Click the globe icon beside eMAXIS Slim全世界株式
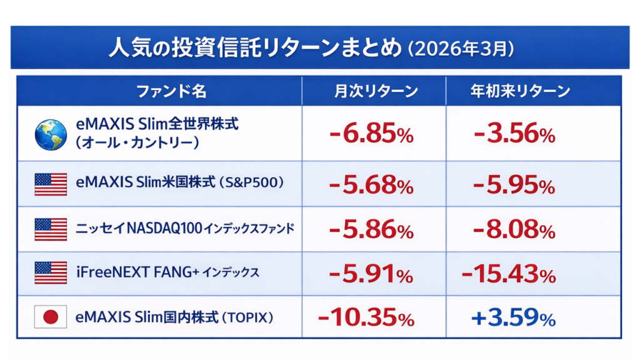coord(51,134)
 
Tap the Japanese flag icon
coord(51,318)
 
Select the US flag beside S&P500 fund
coord(51,184)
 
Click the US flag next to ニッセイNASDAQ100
coord(51,229)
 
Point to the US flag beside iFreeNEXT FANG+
coord(51,272)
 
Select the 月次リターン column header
coord(374,91)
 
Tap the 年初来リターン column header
coord(520,91)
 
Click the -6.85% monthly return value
coord(371,134)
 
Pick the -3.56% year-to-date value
coord(514,134)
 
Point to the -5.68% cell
coord(371,185)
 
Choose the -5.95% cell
coord(514,185)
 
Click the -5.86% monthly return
coord(371,230)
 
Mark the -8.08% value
coord(514,230)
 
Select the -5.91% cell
coord(371,274)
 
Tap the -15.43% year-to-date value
coord(509,274)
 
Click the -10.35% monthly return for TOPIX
coord(366,318)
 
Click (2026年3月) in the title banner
coord(461,48)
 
